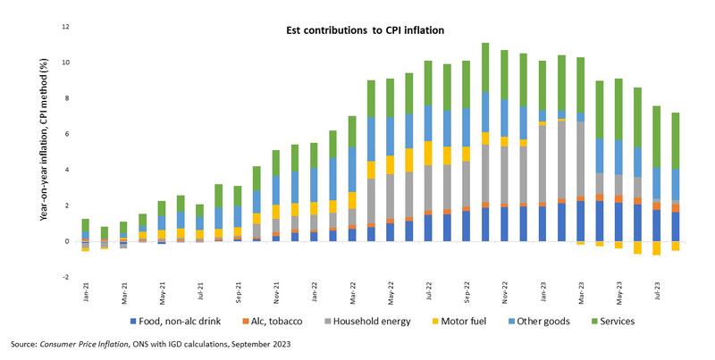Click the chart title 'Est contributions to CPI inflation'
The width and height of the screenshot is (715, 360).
(358, 30)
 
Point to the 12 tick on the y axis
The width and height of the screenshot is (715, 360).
(64, 27)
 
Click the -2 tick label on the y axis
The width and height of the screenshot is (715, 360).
(64, 277)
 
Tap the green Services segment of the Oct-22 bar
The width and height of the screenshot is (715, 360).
(485, 67)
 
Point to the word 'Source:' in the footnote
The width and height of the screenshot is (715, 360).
(24, 344)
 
